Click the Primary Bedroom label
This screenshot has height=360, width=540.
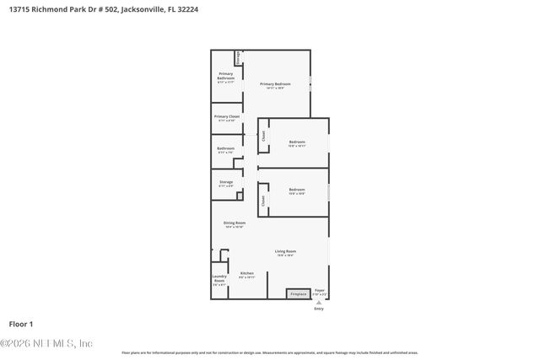pos(275,84)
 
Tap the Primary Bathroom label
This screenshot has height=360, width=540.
pos(225,76)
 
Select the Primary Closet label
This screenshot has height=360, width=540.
pos(226,116)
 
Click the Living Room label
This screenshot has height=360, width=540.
pos(285,251)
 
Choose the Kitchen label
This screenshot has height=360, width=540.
pos(246,273)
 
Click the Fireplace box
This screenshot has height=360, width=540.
pos(298,293)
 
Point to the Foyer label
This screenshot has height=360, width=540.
pos(320,290)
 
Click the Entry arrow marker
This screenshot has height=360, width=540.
pos(319,302)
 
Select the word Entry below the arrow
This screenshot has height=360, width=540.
pos(319,309)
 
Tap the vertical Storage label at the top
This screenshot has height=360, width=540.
pos(239,57)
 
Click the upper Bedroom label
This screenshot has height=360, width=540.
pos(296,142)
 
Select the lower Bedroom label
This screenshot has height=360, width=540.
pos(296,190)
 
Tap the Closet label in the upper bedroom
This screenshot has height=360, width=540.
pos(264,135)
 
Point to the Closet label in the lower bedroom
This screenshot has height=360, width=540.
pos(263,201)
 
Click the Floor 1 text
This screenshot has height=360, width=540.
pos(21,324)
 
